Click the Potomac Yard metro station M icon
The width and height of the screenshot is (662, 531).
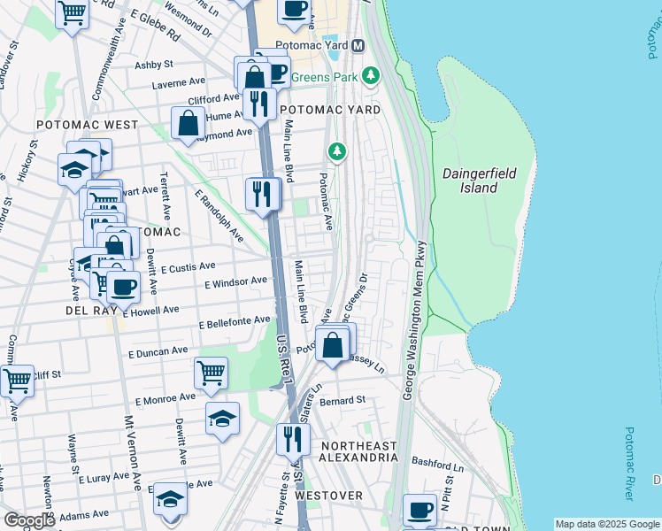[x=358, y=45]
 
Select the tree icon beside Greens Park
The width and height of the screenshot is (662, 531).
[x=372, y=77]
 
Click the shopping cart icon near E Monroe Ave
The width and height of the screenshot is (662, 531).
[x=211, y=373]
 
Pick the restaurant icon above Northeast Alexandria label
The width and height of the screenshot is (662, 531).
[x=292, y=439]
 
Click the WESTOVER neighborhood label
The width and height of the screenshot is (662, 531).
[x=328, y=496]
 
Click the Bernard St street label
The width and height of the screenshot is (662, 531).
[x=343, y=401]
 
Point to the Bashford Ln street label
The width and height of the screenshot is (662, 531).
[x=438, y=463]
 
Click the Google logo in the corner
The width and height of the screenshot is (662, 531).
[x=29, y=520]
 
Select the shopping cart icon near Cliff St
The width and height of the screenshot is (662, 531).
[x=17, y=381]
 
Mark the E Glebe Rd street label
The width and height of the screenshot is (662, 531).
[x=155, y=23]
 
